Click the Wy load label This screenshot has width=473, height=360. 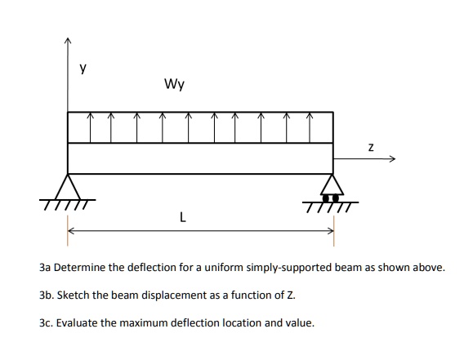pyautogui.click(x=173, y=83)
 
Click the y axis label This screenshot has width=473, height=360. pyautogui.click(x=82, y=69)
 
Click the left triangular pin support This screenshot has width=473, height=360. pyautogui.click(x=68, y=185)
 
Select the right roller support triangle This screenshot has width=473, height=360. pyautogui.click(x=332, y=185)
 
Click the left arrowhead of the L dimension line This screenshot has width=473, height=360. pyautogui.click(x=71, y=231)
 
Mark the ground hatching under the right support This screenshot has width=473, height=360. pyautogui.click(x=330, y=204)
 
